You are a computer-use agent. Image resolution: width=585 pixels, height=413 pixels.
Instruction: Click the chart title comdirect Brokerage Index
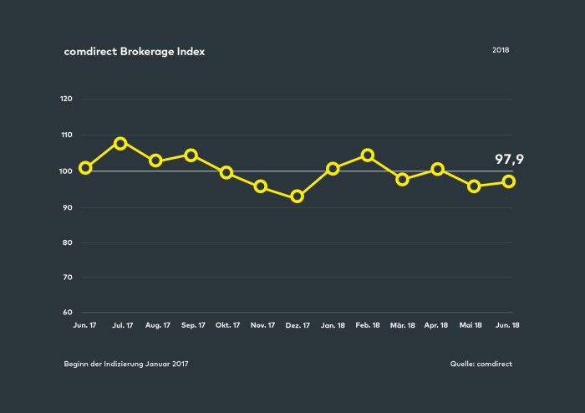[135, 52]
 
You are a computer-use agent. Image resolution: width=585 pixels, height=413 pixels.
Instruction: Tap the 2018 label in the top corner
[501, 50]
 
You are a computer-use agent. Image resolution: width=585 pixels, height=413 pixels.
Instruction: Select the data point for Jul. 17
[120, 143]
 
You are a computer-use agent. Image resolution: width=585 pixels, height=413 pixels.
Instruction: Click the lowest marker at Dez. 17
[297, 196]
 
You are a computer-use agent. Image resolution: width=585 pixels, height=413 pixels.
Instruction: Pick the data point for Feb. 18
[368, 156]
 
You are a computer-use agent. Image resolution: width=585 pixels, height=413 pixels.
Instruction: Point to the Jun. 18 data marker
[508, 181]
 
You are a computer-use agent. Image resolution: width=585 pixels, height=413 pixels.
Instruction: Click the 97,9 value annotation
[509, 160]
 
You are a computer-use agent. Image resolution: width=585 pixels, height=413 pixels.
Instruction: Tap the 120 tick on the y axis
[66, 99]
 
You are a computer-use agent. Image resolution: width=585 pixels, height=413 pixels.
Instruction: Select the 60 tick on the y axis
[68, 313]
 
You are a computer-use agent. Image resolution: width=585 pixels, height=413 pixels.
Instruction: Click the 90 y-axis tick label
[68, 207]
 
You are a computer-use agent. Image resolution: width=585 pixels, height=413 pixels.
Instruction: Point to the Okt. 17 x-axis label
[227, 325]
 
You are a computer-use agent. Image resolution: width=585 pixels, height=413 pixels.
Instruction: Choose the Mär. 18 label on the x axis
[403, 325]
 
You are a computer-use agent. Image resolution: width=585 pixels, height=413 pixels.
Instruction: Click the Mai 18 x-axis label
[471, 325]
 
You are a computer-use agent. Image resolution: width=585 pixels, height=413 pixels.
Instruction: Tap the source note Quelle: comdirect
[481, 364]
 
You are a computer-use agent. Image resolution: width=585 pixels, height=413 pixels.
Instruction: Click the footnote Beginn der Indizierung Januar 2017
[126, 364]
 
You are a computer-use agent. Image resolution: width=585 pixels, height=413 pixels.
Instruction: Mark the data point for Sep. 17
[191, 156]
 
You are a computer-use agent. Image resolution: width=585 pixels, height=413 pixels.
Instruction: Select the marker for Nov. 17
[261, 186]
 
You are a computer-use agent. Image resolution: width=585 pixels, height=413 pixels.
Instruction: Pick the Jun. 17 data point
[85, 168]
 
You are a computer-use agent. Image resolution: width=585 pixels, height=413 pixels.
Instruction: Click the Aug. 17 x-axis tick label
[158, 325]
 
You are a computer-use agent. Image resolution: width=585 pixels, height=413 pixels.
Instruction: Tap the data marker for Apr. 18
[438, 170]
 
